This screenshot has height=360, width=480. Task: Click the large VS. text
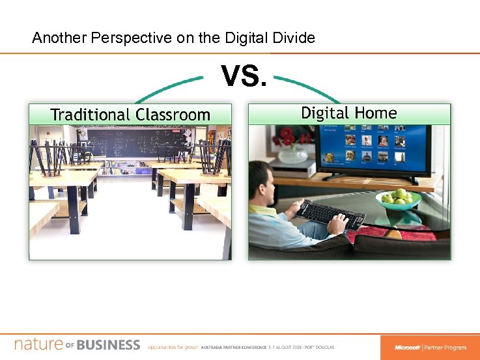pyautogui.click(x=244, y=76)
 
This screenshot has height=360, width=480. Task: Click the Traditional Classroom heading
pyautogui.click(x=130, y=115)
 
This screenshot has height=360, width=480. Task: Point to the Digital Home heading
pyautogui.click(x=348, y=113)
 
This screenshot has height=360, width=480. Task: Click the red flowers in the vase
pyautogui.click(x=287, y=137)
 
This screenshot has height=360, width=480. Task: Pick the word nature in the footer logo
pyautogui.click(x=38, y=344)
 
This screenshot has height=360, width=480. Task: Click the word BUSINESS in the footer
pyautogui.click(x=108, y=344)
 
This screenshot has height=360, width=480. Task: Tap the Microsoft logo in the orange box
pyautogui.click(x=407, y=348)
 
